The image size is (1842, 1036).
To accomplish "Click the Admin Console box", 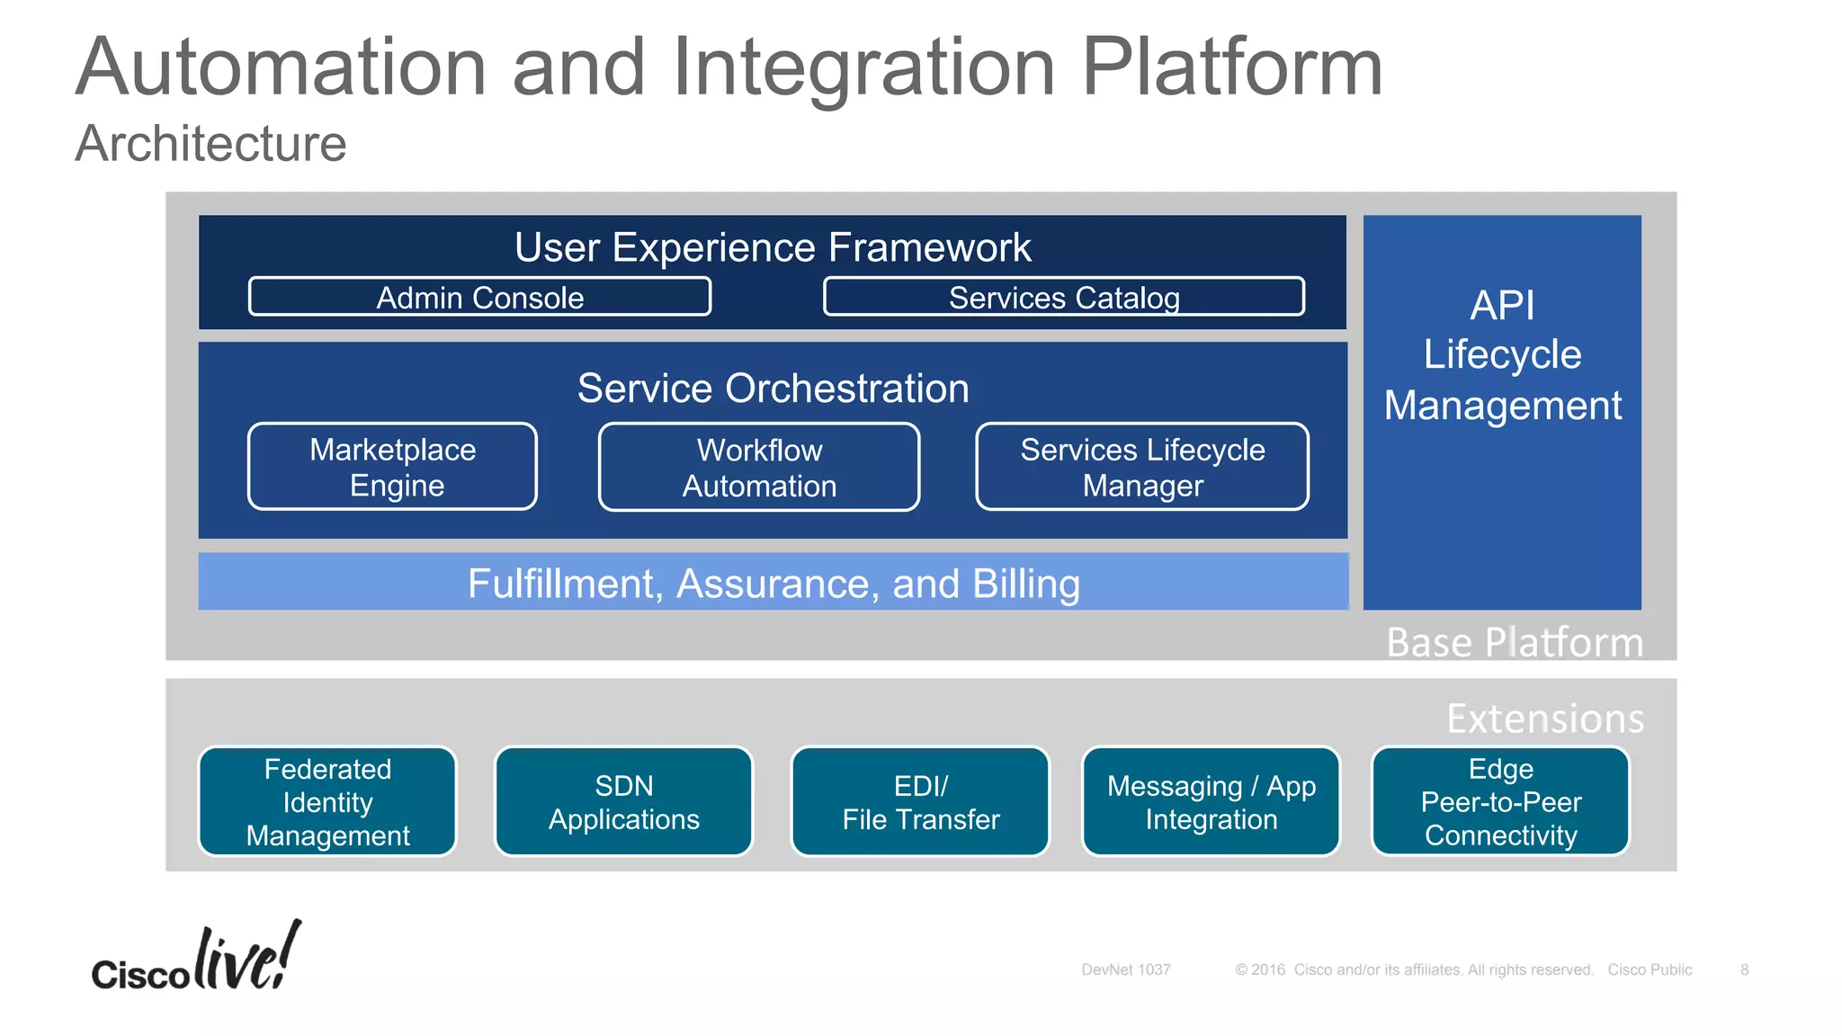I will coord(479,297).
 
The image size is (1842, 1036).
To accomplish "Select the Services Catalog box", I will coord(1063,297).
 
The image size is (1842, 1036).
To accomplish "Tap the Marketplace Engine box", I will coord(392,467).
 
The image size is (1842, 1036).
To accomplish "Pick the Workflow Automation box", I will coord(759,468).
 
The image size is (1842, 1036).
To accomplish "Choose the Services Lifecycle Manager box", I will coord(1142,467).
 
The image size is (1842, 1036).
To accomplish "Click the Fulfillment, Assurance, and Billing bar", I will coord(773,583).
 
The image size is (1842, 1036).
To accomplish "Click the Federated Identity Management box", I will coord(327,801).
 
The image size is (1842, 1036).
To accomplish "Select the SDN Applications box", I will coord(623,801).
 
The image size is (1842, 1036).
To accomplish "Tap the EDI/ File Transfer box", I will coord(920,801).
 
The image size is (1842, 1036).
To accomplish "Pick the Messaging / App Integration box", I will coord(1211,801).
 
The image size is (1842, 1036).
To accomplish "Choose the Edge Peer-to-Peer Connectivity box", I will coord(1500,801).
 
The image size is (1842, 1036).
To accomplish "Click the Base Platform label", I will coord(1515,642).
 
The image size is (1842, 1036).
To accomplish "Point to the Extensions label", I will coord(1545,719).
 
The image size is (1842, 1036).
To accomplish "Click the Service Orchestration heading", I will coord(773,388).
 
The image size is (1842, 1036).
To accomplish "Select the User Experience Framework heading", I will coord(773,247).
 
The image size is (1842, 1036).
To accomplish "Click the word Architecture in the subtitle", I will coord(210,144).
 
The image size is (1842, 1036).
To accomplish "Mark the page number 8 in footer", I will coord(1744,969).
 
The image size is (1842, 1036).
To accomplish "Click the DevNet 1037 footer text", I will coord(1125,969).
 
